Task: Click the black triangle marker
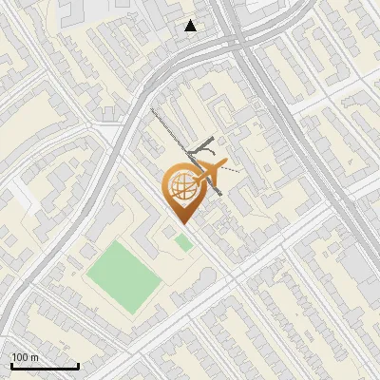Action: point(191,26)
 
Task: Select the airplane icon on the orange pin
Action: point(208,174)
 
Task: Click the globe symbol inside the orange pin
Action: point(180,187)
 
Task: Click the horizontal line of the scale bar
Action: point(45,366)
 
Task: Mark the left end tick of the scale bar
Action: point(11,364)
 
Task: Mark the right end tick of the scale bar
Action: point(78,364)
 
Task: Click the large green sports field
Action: point(122,275)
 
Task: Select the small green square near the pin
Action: point(183,243)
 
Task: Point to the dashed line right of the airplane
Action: point(232,171)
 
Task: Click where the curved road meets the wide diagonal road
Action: point(234,42)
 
